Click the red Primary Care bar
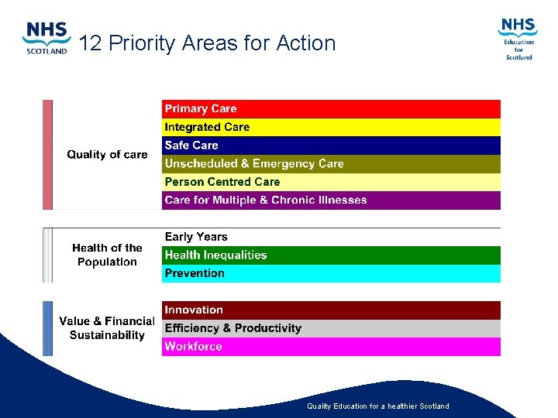click(331, 109)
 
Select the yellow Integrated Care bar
click(331, 127)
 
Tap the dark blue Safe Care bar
click(331, 146)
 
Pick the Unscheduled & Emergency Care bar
click(331, 164)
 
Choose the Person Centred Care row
click(331, 182)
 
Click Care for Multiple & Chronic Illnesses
click(331, 200)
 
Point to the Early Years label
click(196, 237)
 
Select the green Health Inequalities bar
click(331, 255)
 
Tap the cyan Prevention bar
click(331, 273)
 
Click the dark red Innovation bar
click(331, 310)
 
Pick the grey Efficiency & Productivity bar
click(331, 328)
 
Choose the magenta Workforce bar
click(331, 347)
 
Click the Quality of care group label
click(107, 155)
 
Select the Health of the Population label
click(107, 255)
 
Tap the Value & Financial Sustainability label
click(107, 328)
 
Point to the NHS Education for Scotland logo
click(518, 39)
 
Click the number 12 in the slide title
click(91, 43)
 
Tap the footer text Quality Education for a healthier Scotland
click(377, 406)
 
